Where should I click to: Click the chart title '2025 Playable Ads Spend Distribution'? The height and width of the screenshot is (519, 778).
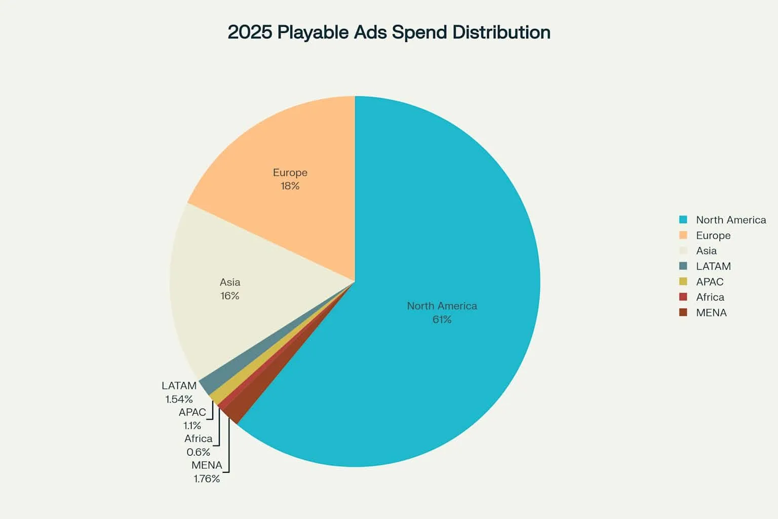tap(388, 32)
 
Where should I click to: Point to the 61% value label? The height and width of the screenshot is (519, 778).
tap(442, 319)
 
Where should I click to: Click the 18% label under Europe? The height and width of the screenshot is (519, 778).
tap(290, 186)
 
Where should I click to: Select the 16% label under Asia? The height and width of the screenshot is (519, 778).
tap(229, 296)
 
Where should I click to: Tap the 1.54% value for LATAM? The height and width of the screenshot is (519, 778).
tap(179, 399)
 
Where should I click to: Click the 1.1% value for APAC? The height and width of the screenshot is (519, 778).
tap(192, 426)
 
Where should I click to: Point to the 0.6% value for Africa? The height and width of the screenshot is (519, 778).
tap(198, 452)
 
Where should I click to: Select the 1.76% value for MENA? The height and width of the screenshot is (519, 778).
tap(207, 478)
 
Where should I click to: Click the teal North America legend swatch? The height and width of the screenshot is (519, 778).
tap(683, 220)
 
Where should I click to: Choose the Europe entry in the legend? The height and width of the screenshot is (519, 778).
tap(713, 236)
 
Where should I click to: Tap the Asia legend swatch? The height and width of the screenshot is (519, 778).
tap(683, 251)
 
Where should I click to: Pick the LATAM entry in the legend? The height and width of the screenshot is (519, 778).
tap(713, 267)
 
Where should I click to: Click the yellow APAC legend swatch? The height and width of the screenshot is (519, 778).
tap(683, 282)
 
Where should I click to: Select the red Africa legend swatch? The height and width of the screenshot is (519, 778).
tap(683, 297)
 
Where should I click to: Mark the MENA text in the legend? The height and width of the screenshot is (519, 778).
tap(711, 313)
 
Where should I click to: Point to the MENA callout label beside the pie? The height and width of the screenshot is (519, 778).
tap(207, 465)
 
